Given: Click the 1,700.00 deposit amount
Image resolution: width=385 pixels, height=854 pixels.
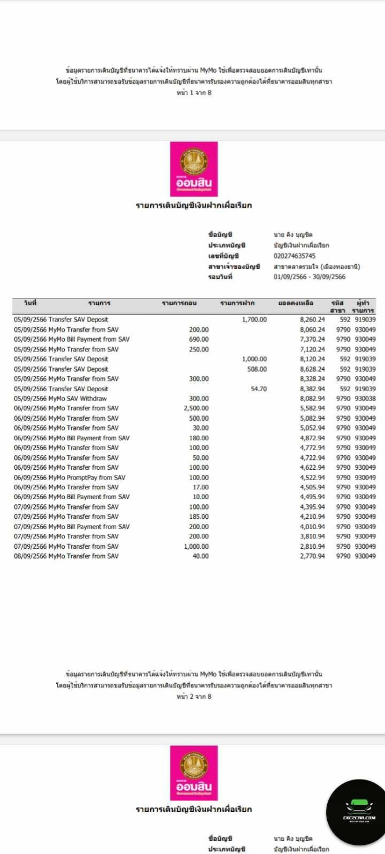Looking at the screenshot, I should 254,320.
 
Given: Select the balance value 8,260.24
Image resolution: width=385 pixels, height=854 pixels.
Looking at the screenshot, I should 312,320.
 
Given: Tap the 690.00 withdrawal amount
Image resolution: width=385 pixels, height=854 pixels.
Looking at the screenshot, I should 199,339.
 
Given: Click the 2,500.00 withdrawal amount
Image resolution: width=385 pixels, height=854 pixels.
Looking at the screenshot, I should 196,409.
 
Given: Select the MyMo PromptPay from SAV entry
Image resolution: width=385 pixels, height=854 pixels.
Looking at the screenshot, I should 87,477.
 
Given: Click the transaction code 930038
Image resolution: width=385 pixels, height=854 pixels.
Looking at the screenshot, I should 365,399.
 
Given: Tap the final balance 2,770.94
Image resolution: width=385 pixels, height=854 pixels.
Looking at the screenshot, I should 312,556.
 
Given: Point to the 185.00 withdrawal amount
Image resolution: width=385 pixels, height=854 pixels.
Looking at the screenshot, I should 199,517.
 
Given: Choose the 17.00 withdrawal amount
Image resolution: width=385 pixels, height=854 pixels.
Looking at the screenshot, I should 201,488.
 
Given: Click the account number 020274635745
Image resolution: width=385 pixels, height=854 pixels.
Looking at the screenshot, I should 295,256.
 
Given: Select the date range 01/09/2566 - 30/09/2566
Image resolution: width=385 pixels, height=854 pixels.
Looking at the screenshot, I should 309,277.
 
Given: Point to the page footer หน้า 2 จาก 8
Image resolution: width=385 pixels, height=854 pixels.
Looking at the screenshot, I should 194,696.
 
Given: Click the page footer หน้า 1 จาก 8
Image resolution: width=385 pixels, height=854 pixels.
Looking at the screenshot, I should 194,93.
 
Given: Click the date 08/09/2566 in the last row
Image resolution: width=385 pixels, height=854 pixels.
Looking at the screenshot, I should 31,556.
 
